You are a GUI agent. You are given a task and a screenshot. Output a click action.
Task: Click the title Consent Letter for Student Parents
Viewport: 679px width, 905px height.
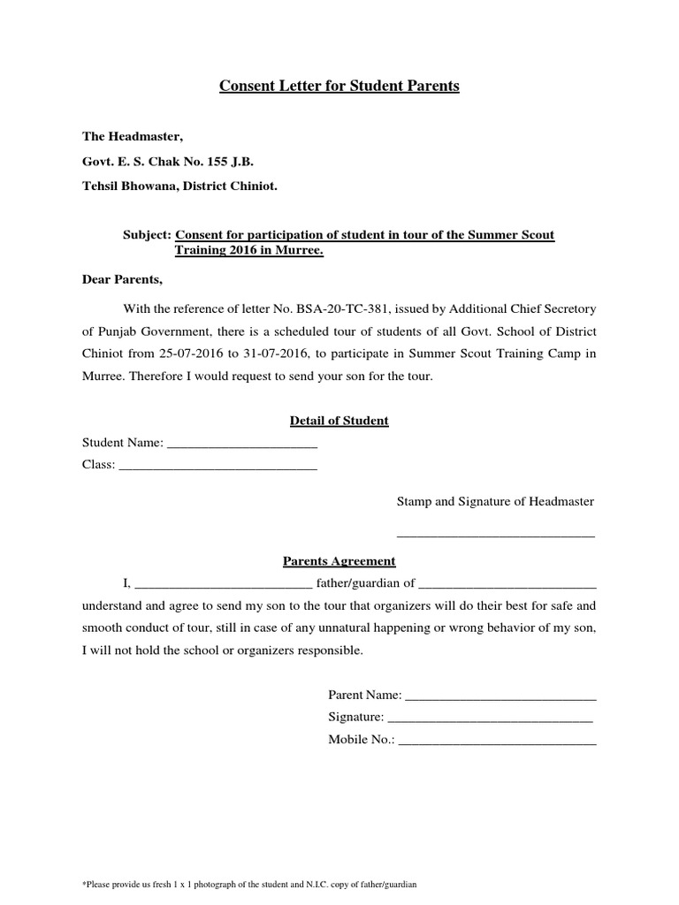[x=339, y=87]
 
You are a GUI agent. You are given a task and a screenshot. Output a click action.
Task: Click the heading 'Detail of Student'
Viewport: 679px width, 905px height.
[x=339, y=421]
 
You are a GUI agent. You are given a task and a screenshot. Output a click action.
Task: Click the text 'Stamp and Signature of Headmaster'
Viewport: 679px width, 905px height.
[x=495, y=501]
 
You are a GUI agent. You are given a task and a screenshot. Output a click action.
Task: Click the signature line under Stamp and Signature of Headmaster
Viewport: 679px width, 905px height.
[x=495, y=535]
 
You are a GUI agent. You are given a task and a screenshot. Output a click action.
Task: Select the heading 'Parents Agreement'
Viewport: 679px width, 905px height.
[x=339, y=561]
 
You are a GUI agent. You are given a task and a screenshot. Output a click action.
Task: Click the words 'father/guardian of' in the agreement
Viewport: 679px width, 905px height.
[x=365, y=583]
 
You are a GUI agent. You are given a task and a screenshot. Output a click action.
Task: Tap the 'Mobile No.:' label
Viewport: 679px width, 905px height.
[x=362, y=741]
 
